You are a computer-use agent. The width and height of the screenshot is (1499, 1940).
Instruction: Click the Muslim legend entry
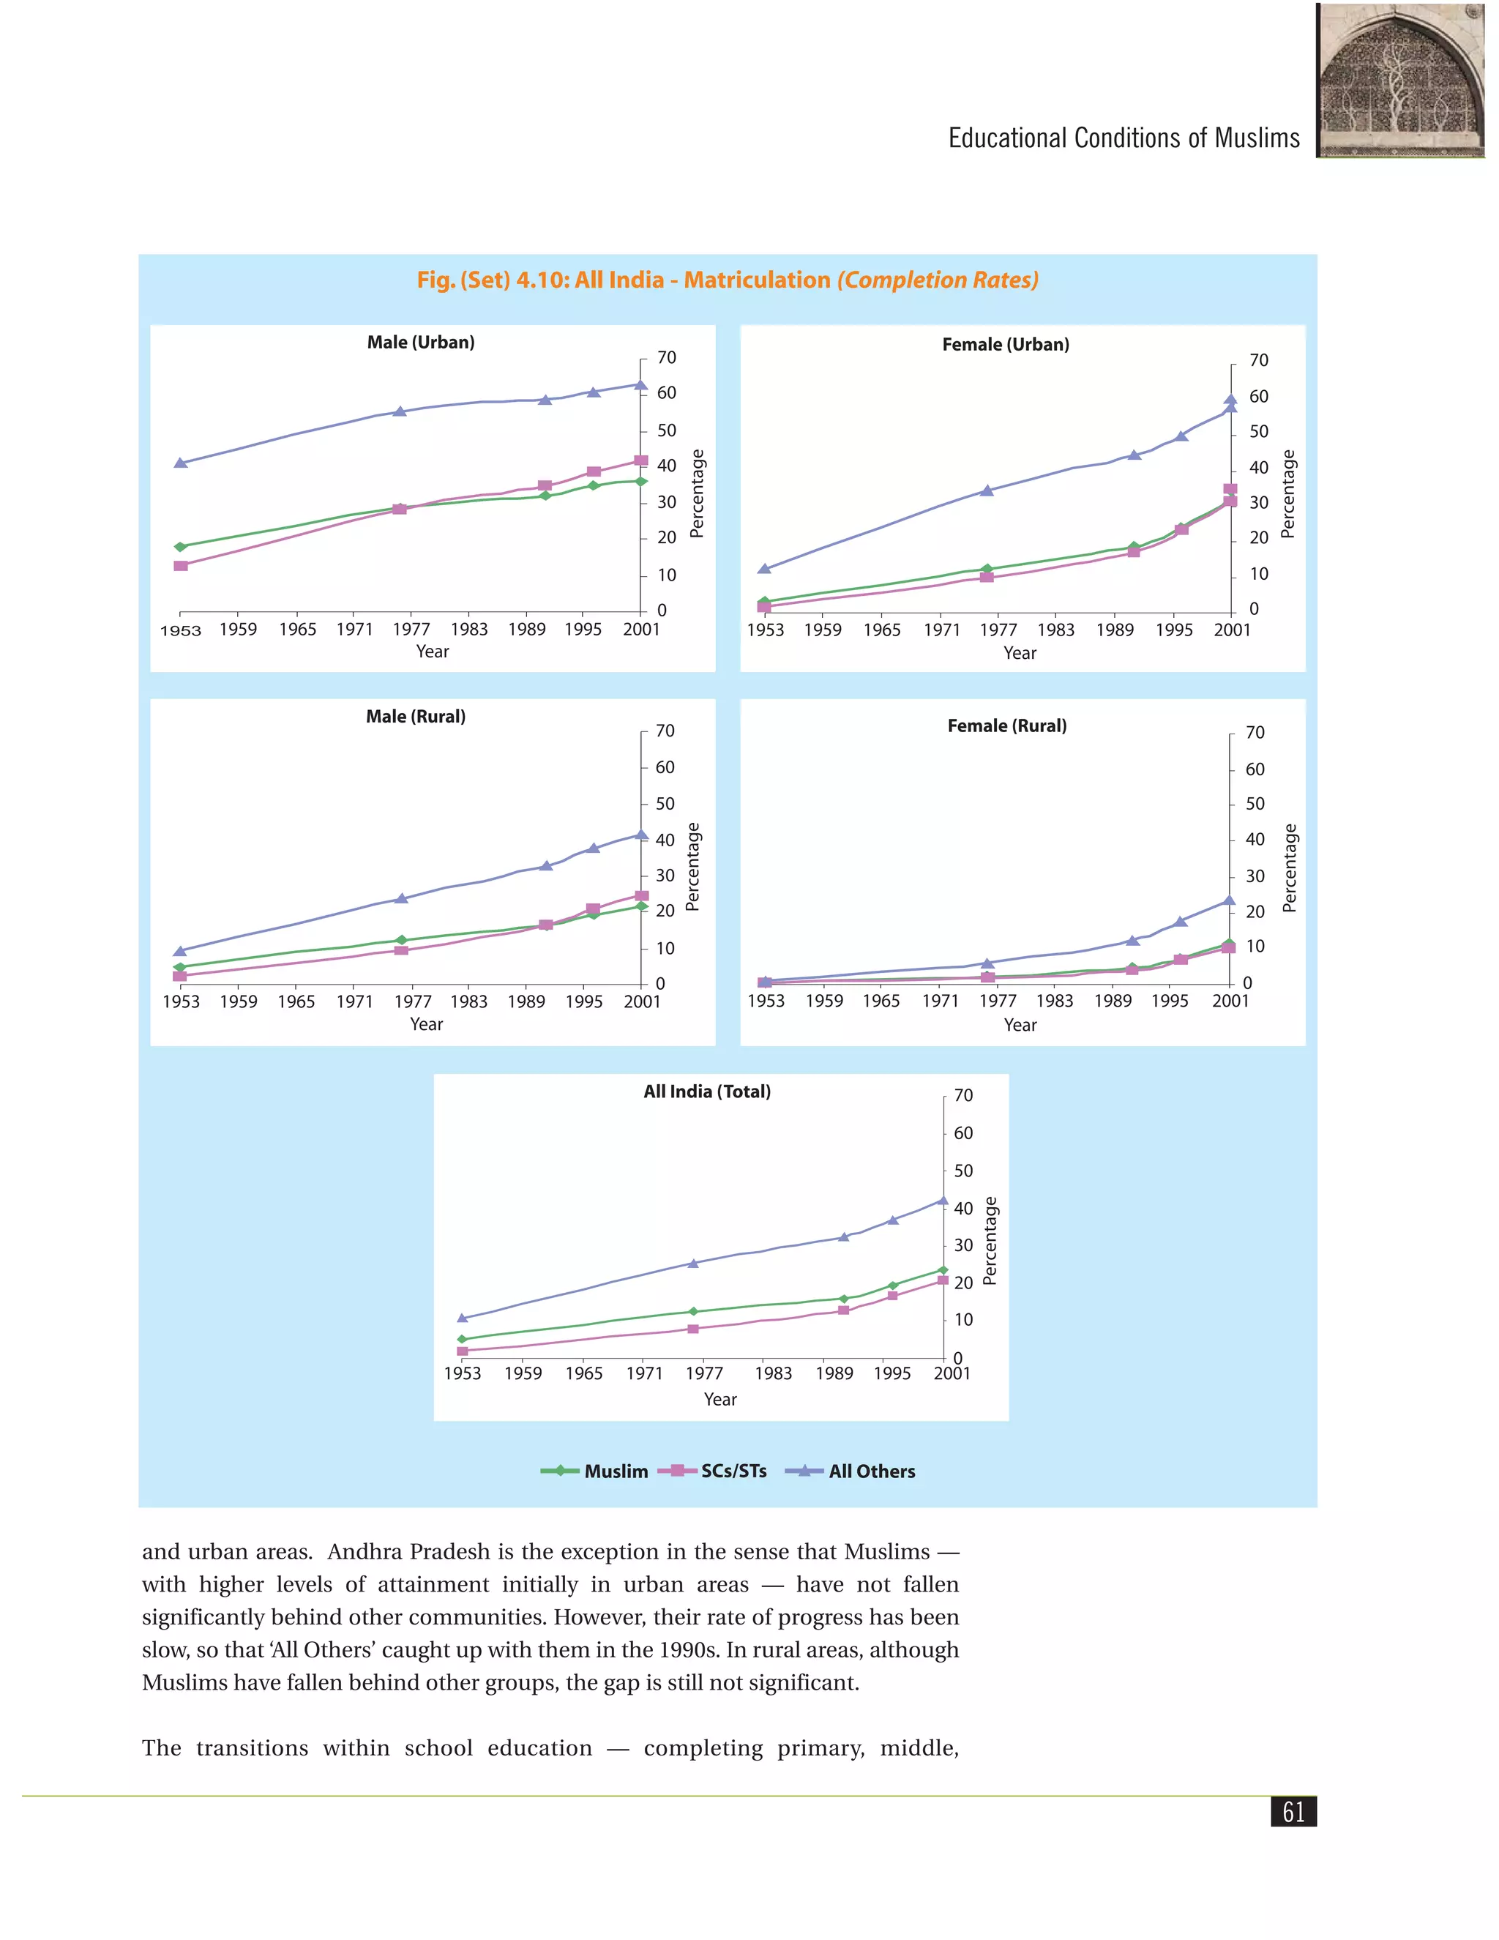coord(594,1471)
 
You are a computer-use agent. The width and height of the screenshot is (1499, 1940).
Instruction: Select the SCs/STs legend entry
coord(712,1471)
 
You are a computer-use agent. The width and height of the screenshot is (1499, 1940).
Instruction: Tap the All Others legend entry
coord(850,1471)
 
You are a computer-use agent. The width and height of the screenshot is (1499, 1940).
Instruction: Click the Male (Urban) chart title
coord(421,343)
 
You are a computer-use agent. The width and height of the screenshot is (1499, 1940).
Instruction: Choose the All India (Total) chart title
coord(707,1092)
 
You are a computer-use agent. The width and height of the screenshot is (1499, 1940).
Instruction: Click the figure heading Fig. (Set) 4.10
coord(728,280)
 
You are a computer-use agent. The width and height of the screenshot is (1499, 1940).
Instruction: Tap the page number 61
coord(1294,1811)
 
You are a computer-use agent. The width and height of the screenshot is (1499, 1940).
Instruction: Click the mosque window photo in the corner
coord(1400,80)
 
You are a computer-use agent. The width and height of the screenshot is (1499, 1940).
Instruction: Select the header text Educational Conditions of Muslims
coord(1124,138)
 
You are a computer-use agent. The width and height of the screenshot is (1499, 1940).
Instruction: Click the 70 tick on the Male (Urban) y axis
coord(666,357)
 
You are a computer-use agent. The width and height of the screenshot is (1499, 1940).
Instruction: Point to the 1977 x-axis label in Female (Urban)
coord(998,630)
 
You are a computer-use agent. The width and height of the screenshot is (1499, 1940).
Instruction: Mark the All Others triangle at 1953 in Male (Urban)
coord(180,463)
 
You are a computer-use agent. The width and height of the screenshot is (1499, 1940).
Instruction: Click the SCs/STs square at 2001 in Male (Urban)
coord(640,460)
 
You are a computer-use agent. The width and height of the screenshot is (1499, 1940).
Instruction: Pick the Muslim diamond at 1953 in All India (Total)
coord(462,1339)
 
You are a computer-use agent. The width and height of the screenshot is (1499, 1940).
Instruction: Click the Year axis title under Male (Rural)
coord(426,1024)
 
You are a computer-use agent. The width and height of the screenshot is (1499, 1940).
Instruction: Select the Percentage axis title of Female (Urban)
coord(1287,494)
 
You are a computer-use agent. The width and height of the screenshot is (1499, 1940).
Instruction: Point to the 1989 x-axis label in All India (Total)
coord(834,1373)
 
